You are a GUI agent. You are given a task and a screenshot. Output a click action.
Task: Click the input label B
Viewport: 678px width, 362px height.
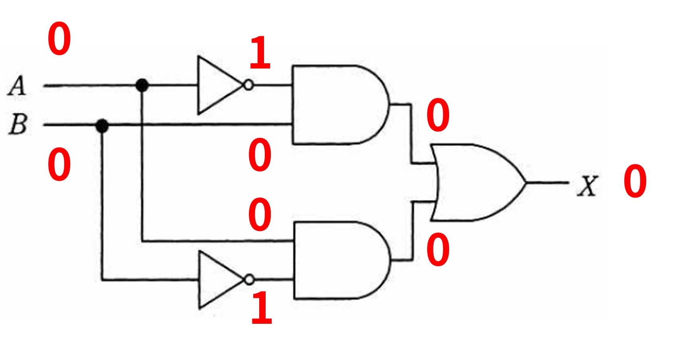point(18,124)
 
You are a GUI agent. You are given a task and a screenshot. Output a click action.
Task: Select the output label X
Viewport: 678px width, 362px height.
point(587,186)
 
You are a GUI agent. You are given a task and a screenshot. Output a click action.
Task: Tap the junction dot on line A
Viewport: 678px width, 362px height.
point(142,85)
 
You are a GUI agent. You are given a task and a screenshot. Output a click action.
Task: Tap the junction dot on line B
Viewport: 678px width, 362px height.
point(102,126)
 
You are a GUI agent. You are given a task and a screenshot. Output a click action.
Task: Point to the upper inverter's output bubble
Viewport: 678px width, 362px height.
point(248,85)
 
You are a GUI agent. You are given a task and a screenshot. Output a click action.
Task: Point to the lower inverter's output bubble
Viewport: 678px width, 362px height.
point(249,280)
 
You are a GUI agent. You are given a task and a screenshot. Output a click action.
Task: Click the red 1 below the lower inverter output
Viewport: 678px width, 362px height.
point(262,307)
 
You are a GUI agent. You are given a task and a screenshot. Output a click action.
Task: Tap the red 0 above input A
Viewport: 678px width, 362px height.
point(59,38)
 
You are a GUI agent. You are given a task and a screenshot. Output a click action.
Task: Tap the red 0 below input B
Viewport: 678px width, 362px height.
point(59,164)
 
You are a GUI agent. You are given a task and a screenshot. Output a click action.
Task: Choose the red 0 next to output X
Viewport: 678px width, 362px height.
point(635,181)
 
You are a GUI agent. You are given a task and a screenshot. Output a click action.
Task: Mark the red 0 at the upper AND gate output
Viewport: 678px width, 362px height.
point(438,115)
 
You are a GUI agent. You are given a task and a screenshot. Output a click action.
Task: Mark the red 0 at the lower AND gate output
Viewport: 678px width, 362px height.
point(438,250)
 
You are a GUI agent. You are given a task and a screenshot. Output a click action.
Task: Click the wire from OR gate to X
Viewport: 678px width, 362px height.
point(548,182)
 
